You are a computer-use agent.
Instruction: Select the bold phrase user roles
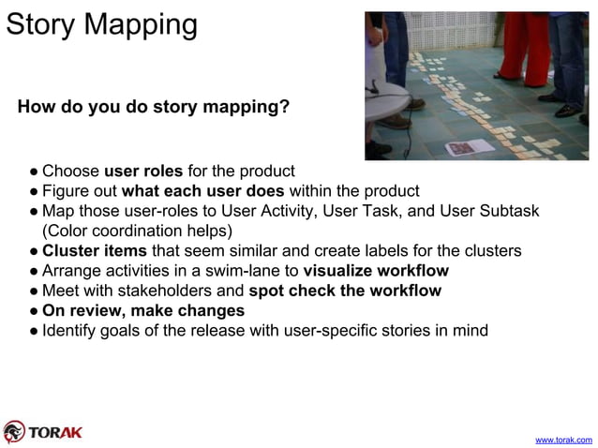pyautogui.click(x=143, y=172)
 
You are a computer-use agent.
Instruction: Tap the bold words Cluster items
pyautogui.click(x=95, y=251)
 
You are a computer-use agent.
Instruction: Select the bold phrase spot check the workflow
pyautogui.click(x=345, y=291)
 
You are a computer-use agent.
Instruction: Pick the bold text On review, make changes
pyautogui.click(x=143, y=310)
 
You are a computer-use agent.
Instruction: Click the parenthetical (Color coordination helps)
pyautogui.click(x=137, y=231)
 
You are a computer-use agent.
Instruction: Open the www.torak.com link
pyautogui.click(x=562, y=439)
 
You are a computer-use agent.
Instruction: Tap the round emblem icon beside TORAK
pyautogui.click(x=14, y=431)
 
